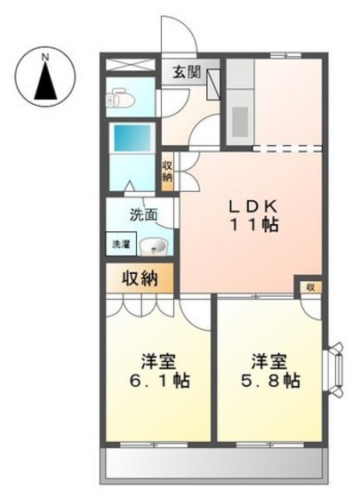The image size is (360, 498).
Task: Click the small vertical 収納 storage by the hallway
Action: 167,171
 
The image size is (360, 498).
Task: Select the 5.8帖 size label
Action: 268,382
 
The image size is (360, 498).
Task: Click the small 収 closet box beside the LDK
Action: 310,286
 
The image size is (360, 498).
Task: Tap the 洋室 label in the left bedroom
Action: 159,360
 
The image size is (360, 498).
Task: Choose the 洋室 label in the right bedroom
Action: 267,360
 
